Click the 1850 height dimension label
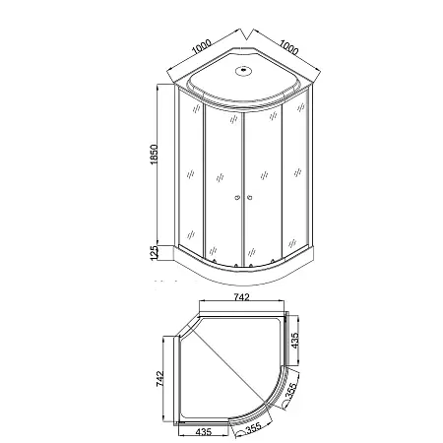(x=154, y=155)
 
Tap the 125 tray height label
(x=154, y=253)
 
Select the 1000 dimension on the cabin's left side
(x=202, y=46)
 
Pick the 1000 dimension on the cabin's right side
(x=288, y=47)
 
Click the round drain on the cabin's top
(x=243, y=71)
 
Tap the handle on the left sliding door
(x=237, y=198)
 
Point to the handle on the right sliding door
(x=250, y=198)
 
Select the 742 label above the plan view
(x=242, y=297)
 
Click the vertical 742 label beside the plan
(x=159, y=379)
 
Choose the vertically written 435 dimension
(x=295, y=341)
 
